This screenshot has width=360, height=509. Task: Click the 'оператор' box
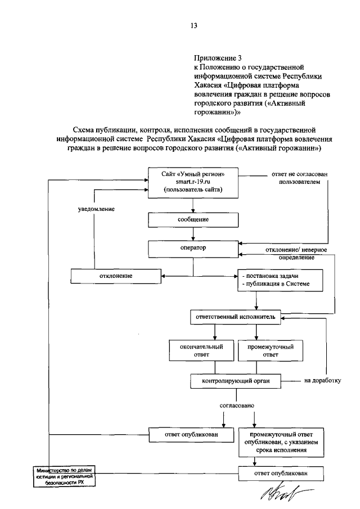(x=193, y=247)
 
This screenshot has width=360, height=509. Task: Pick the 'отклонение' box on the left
(x=116, y=276)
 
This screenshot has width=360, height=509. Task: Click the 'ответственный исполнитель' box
(x=233, y=317)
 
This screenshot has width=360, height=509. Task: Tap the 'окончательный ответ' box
(x=201, y=351)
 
